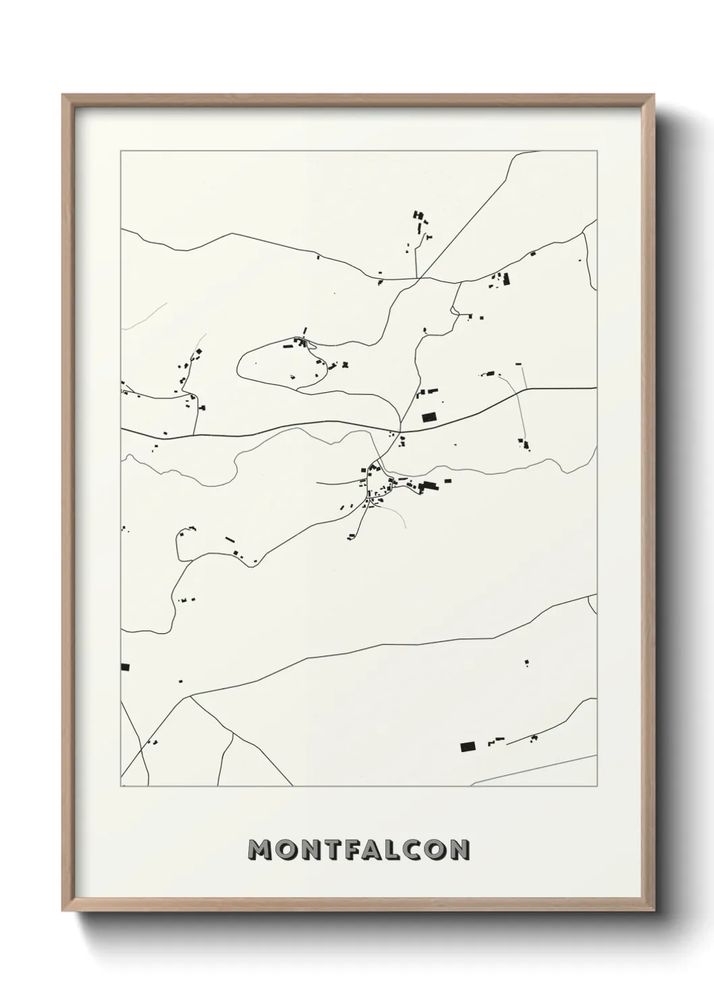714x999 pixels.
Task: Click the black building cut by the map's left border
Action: (x=124, y=667)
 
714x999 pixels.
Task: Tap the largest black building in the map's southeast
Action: (x=468, y=747)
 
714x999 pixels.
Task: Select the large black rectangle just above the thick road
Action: (x=429, y=418)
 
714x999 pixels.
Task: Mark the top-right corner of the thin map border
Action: (x=597, y=151)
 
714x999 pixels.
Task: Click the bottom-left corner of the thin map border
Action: (x=121, y=786)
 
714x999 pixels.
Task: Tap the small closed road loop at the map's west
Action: (x=180, y=544)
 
